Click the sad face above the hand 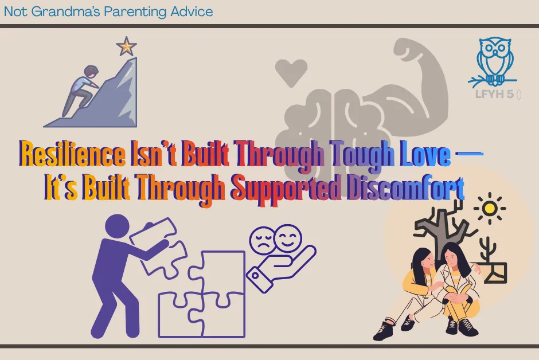tap(261, 241)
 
